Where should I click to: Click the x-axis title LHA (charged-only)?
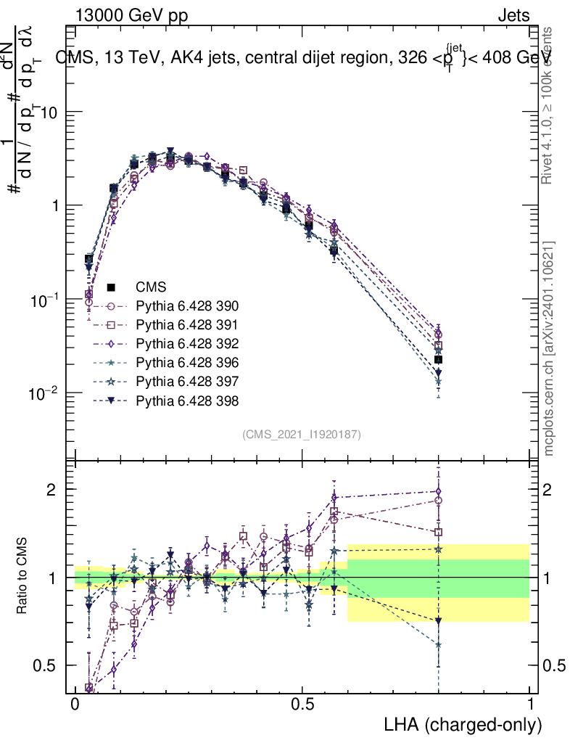pos(463,724)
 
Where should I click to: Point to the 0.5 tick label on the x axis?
pos(302,705)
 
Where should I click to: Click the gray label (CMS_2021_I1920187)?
pos(302,434)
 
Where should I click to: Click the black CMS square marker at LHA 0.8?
pos(438,359)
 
